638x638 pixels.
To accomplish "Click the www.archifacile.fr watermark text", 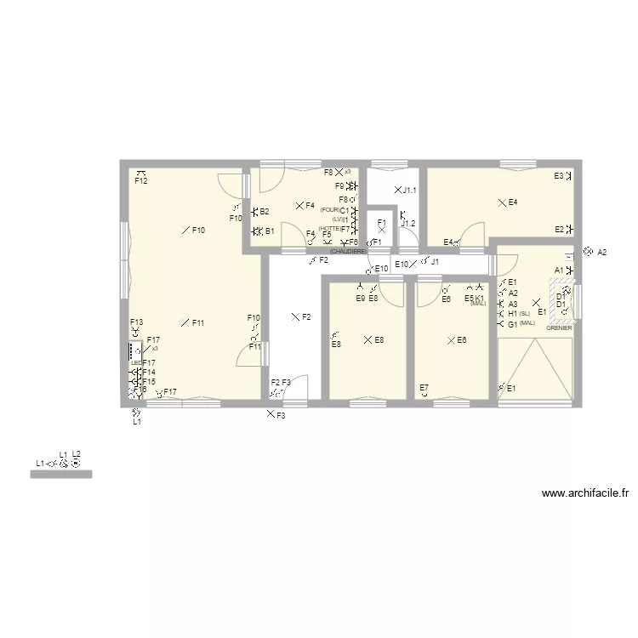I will pyautogui.click(x=584, y=493).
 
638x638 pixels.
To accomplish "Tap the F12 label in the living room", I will pyautogui.click(x=141, y=180).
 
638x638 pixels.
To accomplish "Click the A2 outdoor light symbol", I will pyautogui.click(x=588, y=252).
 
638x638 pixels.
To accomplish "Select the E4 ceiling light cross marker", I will pyautogui.click(x=502, y=202).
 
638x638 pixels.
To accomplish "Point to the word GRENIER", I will pyautogui.click(x=559, y=328).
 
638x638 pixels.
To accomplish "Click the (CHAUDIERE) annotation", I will pyautogui.click(x=347, y=252).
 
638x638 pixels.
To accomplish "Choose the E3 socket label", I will pyautogui.click(x=559, y=176).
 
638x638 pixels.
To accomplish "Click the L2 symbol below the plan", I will pyautogui.click(x=77, y=464).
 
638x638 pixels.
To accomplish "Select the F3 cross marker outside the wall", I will pyautogui.click(x=271, y=414).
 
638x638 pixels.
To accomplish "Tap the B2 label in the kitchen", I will pyautogui.click(x=265, y=211).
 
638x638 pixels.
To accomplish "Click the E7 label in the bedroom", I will pyautogui.click(x=424, y=388).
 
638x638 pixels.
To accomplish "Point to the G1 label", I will pyautogui.click(x=513, y=324).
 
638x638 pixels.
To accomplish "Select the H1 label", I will pyautogui.click(x=513, y=314).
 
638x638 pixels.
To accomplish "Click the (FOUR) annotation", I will pyautogui.click(x=330, y=210).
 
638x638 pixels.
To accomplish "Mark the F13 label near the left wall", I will pyautogui.click(x=136, y=322).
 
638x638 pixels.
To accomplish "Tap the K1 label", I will pyautogui.click(x=480, y=298).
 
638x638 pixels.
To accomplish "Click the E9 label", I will pyautogui.click(x=361, y=298).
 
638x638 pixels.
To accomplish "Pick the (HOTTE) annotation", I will pyautogui.click(x=329, y=228).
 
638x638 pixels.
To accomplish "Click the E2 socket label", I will pyautogui.click(x=559, y=229).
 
